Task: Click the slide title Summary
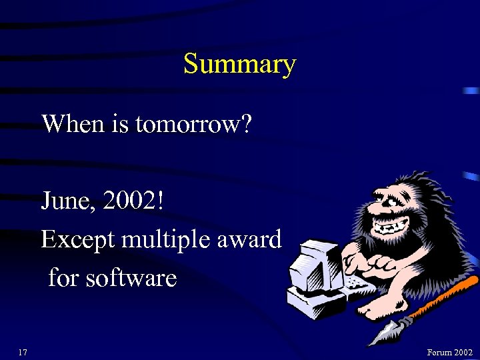(x=239, y=65)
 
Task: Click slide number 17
(x=23, y=352)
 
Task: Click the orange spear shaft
(x=440, y=297)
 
